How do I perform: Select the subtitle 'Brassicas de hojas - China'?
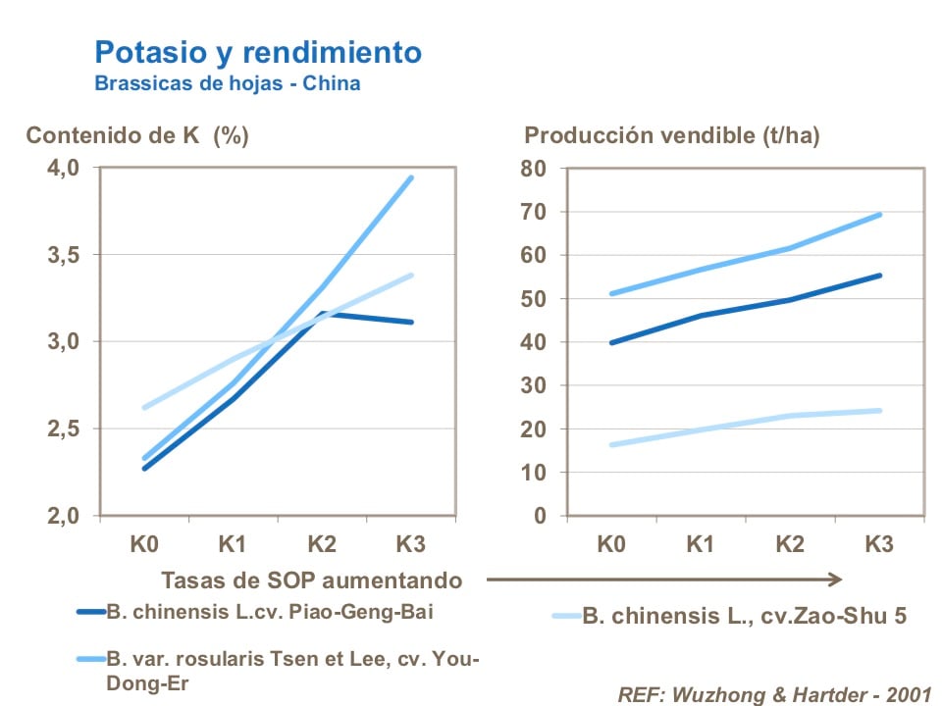(227, 83)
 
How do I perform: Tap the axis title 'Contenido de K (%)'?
(137, 136)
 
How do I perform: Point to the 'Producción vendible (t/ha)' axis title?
(672, 136)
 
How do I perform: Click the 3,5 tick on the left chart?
(64, 255)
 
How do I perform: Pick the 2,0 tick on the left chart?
(64, 516)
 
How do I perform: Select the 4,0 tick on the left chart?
(64, 168)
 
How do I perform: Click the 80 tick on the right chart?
(533, 168)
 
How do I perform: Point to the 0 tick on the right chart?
(539, 516)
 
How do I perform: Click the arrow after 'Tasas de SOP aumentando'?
(664, 579)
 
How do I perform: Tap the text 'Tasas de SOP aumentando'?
(311, 579)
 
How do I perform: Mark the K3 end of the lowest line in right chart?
(878, 410)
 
